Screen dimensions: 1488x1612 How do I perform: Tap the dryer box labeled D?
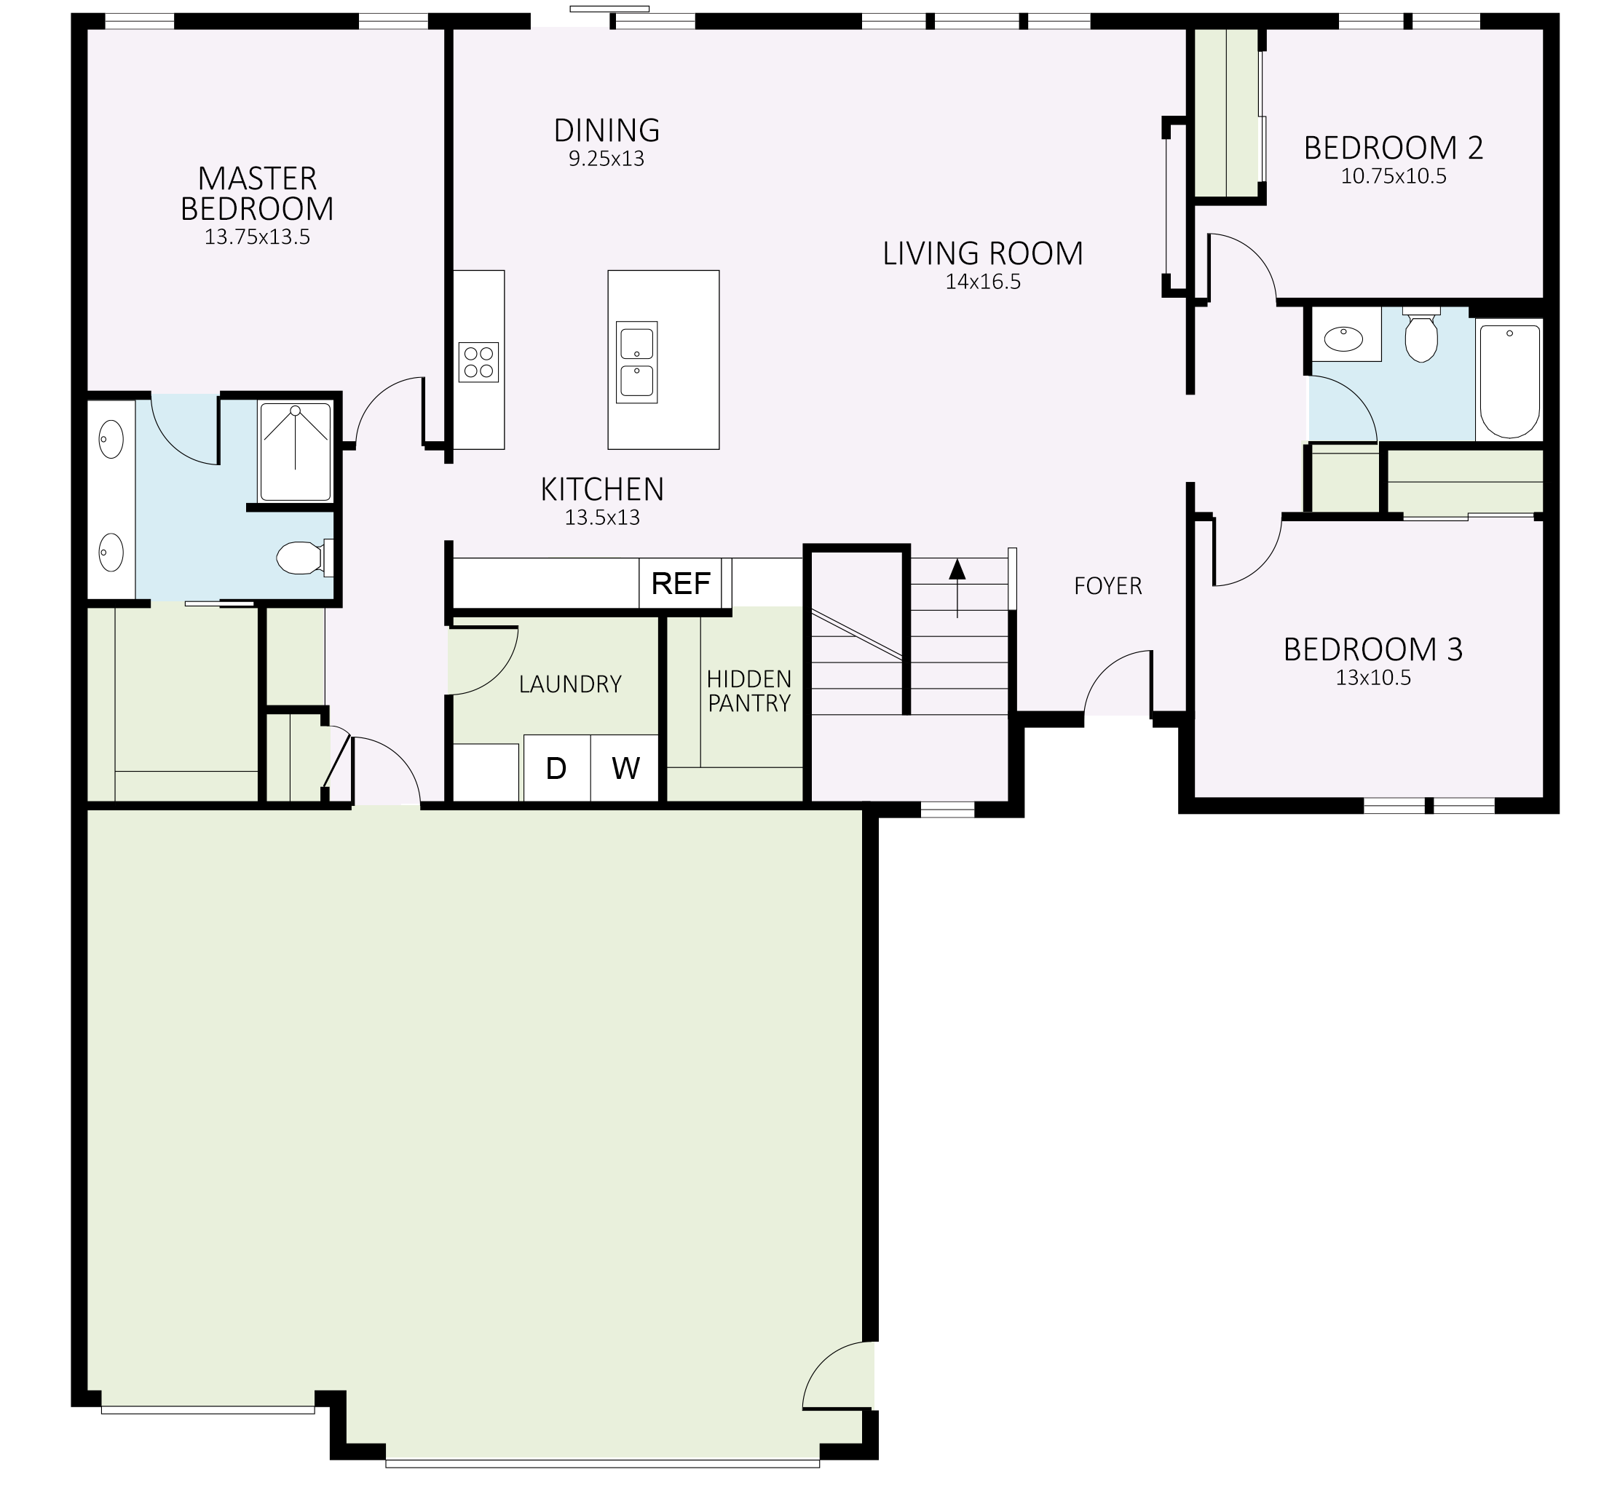[x=556, y=768]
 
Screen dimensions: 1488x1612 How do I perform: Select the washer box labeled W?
[x=625, y=768]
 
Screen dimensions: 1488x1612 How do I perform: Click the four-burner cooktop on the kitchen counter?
[x=478, y=363]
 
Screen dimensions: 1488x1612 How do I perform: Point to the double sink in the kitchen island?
[x=636, y=363]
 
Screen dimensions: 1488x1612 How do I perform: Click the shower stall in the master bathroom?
[x=295, y=451]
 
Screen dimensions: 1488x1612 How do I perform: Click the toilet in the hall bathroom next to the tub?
[x=1421, y=337]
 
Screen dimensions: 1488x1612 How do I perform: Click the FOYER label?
[x=1108, y=586]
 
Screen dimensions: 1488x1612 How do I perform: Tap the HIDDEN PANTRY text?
[x=748, y=691]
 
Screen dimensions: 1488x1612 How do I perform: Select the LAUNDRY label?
[x=570, y=684]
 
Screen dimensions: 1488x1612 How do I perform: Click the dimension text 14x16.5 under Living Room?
[x=982, y=282]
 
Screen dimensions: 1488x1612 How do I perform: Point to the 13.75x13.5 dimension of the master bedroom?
[x=257, y=237]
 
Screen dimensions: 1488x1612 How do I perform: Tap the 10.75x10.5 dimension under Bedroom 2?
[x=1393, y=176]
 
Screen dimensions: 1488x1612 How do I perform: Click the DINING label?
[x=607, y=130]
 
